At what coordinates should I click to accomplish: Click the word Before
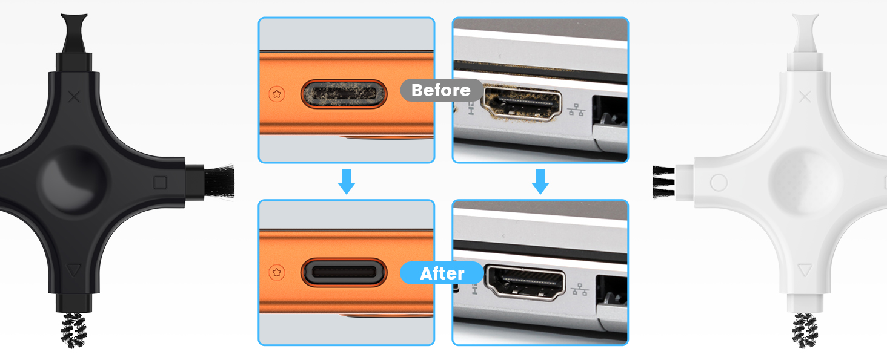point(441,90)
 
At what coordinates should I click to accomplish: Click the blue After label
point(442,273)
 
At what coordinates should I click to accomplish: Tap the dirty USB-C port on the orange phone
point(343,94)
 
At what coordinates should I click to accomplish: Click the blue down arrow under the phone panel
point(346,181)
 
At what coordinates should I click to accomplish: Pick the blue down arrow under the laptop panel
point(540,181)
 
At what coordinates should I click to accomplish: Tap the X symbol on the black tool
point(75,96)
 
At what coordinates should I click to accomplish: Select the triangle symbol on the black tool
point(73,270)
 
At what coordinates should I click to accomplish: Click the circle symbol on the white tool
point(718,182)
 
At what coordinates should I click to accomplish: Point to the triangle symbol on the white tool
point(804,270)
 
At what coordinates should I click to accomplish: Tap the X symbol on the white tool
point(805,96)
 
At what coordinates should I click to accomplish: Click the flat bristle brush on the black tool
point(218,181)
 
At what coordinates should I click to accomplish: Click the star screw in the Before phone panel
point(277,94)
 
